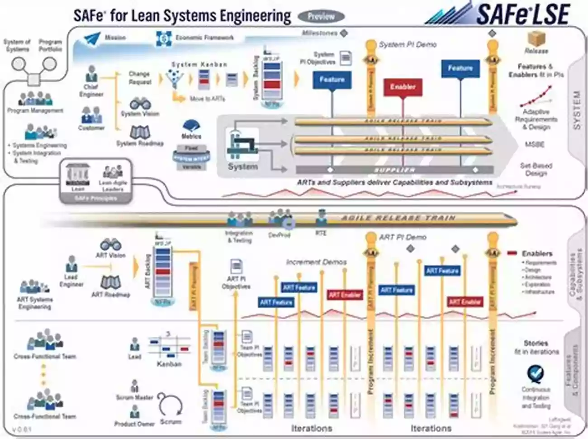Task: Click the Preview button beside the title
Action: point(321,17)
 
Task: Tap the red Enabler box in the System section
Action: point(403,87)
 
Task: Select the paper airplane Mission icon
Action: point(92,38)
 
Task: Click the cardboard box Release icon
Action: point(536,39)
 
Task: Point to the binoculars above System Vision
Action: point(140,104)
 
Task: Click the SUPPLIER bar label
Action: point(394,170)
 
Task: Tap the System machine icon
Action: point(242,144)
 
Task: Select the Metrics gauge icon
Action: point(191,126)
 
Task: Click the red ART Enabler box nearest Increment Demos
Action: point(345,295)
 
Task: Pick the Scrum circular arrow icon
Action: point(170,405)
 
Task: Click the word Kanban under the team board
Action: point(169,364)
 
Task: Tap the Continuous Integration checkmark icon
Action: point(536,375)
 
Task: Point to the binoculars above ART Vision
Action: point(110,245)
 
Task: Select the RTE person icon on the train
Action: point(321,219)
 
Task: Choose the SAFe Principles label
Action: point(96,198)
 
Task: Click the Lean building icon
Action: point(78,175)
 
